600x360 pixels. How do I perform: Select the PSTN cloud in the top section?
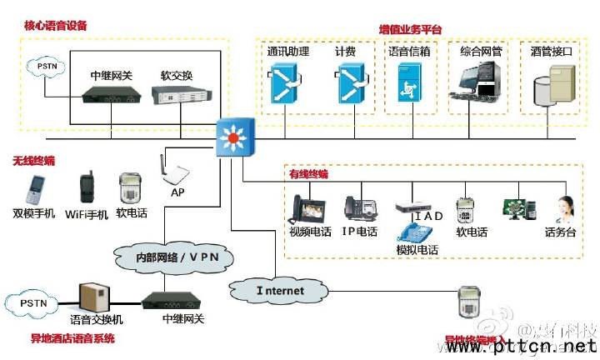click(41, 64)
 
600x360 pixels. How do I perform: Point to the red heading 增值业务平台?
click(410, 30)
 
